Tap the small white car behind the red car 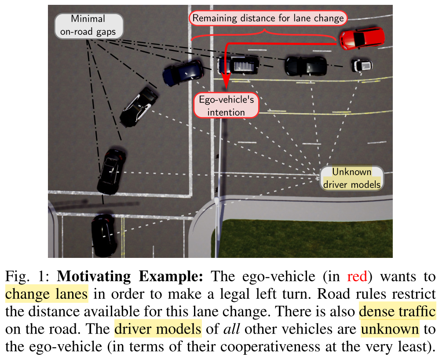[362, 66]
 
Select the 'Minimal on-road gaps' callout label [88, 26]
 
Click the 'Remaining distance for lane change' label [268, 18]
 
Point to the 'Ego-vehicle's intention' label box [226, 106]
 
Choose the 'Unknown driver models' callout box [351, 178]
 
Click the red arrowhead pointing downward [226, 83]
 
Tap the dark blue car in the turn [182, 72]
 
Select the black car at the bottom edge [104, 235]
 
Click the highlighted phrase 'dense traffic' [397, 312]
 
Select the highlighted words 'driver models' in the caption [158, 329]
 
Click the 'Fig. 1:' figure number [29, 277]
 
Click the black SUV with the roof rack [238, 65]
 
